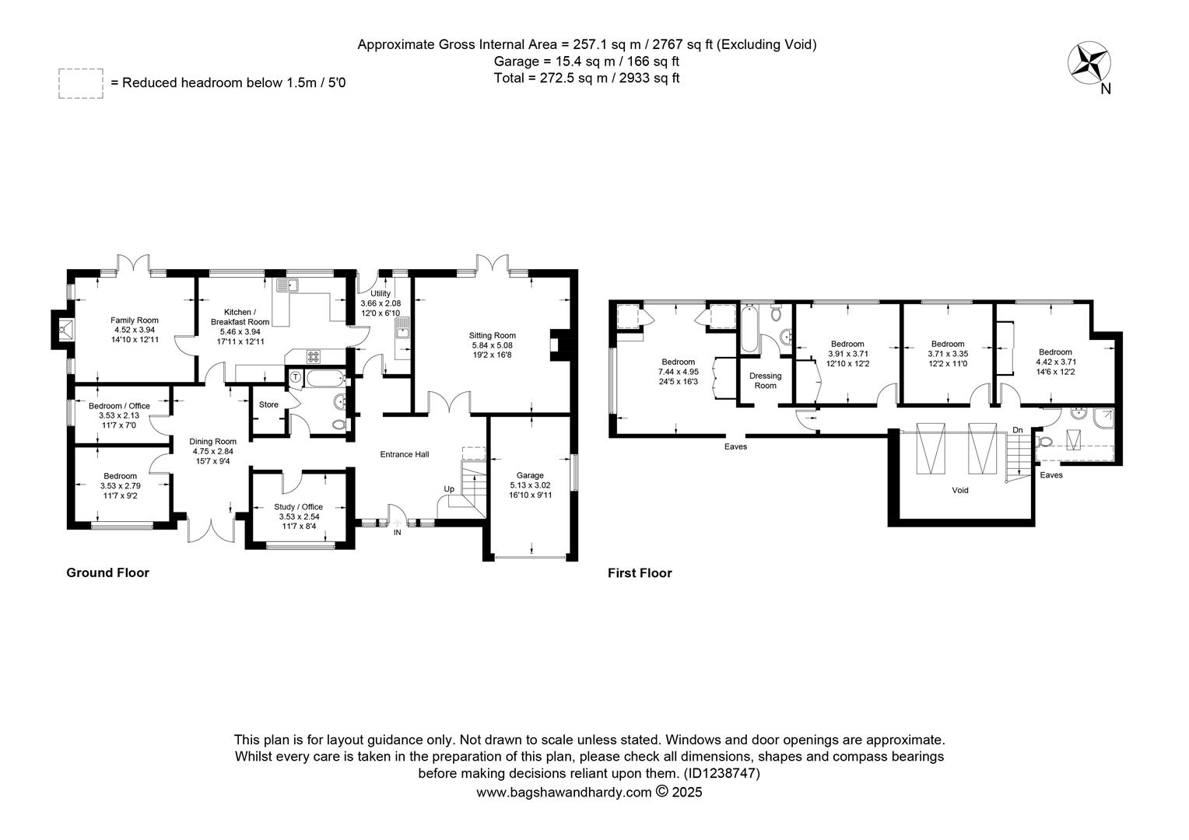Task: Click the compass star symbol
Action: [1089, 63]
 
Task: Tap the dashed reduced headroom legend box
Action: [81, 83]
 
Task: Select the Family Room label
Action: [135, 320]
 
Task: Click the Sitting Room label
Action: [492, 335]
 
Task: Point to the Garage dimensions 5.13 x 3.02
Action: [530, 485]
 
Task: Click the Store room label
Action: [268, 404]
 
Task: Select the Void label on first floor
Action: [959, 490]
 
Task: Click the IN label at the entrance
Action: [397, 532]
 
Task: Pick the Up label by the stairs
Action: [449, 488]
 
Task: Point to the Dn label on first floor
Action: [1018, 430]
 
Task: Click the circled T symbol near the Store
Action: [295, 376]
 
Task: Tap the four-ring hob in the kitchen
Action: [313, 355]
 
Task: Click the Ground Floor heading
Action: [107, 572]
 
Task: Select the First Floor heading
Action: [640, 573]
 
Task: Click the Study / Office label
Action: [298, 507]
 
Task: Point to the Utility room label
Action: [381, 293]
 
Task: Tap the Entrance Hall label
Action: [405, 454]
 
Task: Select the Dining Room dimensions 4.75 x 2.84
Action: [213, 451]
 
